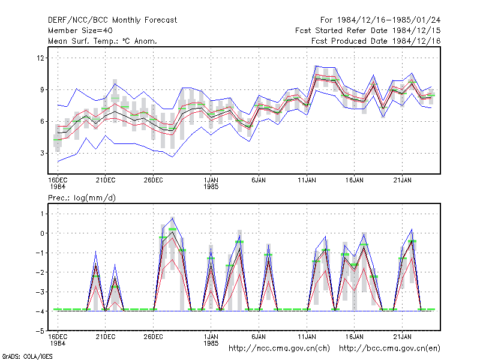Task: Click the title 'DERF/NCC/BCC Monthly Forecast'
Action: [112, 20]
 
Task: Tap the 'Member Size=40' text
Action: [80, 31]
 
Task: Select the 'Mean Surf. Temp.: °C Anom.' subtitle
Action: [102, 41]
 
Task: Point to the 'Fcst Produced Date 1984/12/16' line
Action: [376, 41]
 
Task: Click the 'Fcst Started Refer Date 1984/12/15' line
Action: [368, 31]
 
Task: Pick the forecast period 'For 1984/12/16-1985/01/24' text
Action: [380, 20]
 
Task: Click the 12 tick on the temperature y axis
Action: [41, 58]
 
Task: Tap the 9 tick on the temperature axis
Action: [42, 89]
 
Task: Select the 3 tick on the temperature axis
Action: [42, 153]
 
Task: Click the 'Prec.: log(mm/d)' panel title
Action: [82, 198]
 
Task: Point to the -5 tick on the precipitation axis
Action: [40, 331]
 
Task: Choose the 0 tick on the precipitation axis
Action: [42, 233]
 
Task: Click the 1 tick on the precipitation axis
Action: [42, 214]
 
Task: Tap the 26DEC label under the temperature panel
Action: [154, 181]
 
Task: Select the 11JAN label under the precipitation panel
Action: [307, 337]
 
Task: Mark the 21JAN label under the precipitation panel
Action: [402, 337]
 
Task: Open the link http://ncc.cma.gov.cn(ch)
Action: [279, 349]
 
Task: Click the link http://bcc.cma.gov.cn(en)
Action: [389, 349]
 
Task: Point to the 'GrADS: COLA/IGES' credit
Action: [27, 356]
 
